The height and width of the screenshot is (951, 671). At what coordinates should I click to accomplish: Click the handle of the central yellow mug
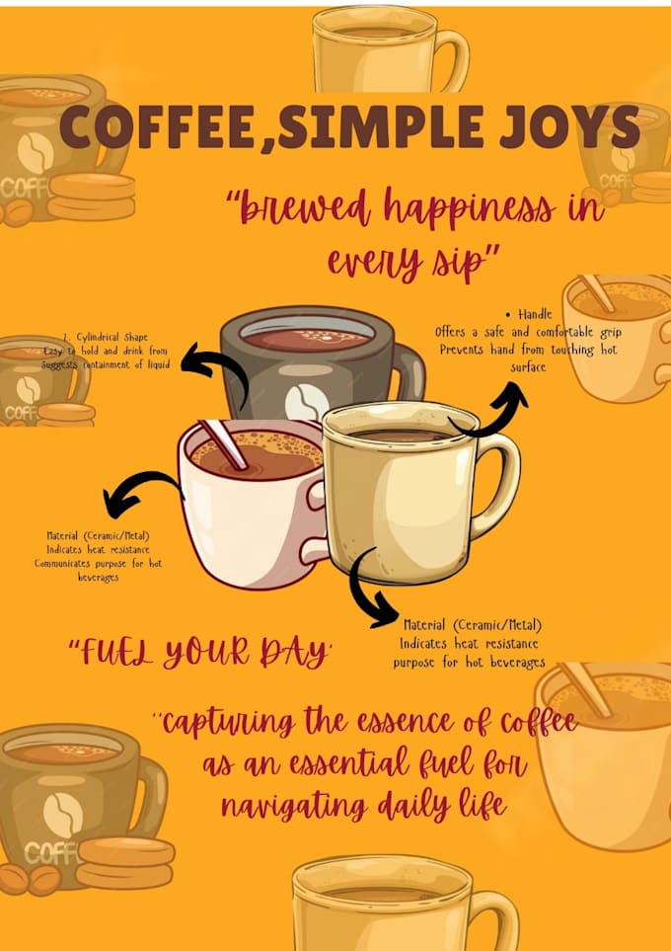[x=498, y=484]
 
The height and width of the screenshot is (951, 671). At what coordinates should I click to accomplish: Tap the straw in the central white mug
[x=225, y=444]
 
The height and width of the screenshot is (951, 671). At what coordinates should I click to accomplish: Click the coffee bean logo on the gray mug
[x=306, y=401]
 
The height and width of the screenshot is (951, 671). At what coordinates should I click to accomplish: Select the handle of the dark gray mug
[x=409, y=370]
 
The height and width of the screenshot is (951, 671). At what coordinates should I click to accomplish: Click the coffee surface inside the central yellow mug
[x=401, y=435]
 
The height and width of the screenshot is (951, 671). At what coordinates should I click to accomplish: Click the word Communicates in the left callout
[x=69, y=564]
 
